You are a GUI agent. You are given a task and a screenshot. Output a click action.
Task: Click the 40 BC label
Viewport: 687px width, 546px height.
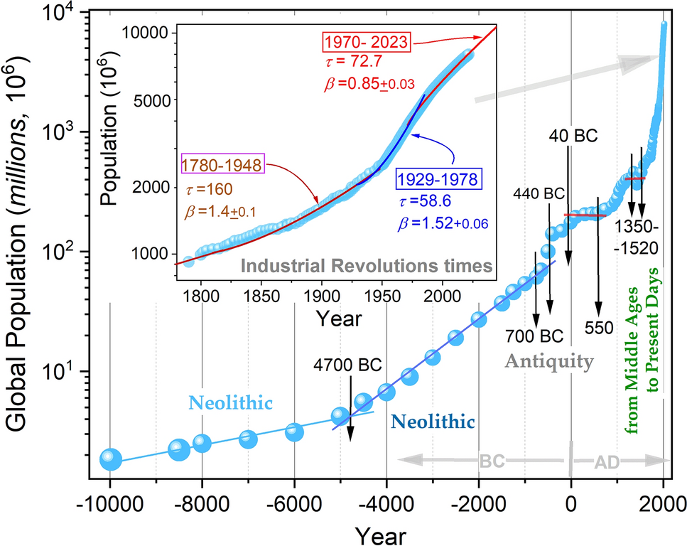(573, 134)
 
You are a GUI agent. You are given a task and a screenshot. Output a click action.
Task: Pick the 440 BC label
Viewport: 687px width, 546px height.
(537, 193)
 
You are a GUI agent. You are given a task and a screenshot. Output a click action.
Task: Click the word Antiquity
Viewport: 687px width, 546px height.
(549, 362)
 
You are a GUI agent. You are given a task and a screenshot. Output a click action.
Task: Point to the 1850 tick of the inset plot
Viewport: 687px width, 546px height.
(261, 294)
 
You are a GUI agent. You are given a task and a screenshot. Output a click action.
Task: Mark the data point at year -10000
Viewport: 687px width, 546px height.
(110, 459)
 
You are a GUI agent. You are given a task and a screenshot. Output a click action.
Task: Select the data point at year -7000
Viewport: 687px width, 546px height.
(248, 439)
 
